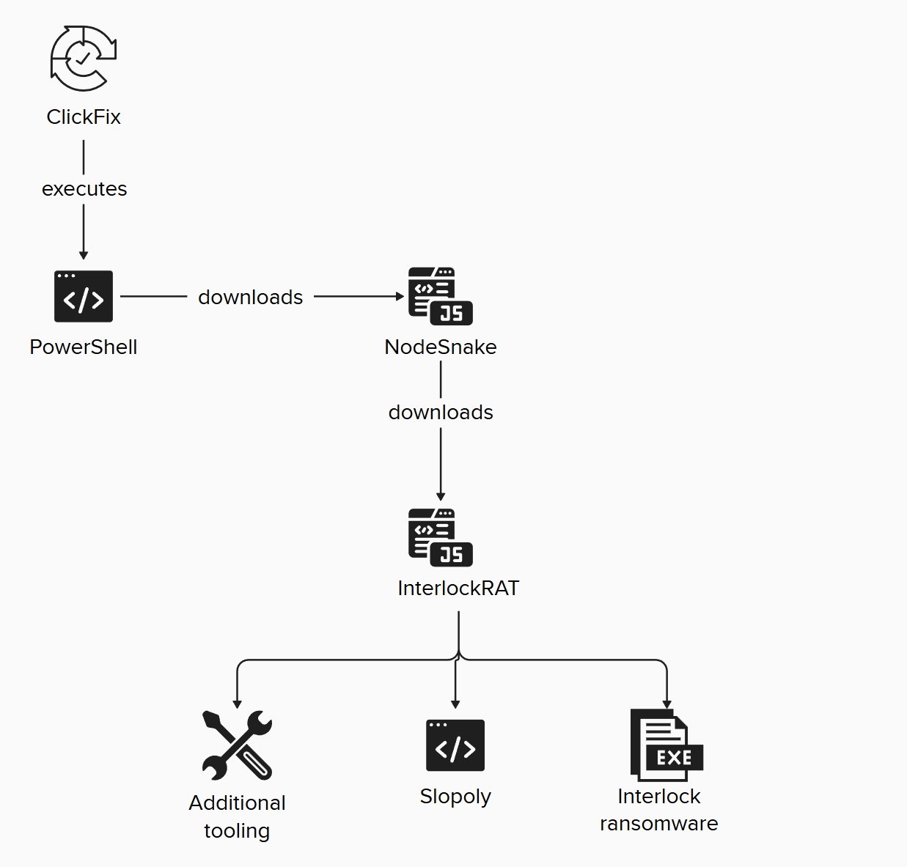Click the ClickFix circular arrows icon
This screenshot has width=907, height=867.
(x=83, y=59)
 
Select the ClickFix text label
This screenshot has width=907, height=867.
(x=84, y=117)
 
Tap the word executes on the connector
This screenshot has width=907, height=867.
(x=84, y=189)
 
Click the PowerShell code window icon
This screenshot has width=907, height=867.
(x=84, y=296)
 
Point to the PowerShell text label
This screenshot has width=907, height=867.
(x=84, y=347)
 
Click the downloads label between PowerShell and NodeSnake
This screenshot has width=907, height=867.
(x=250, y=297)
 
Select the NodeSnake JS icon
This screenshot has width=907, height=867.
(x=440, y=296)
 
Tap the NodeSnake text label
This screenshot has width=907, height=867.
(x=440, y=347)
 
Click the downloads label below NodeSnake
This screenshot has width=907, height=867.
(x=440, y=413)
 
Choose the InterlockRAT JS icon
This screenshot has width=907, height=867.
(x=440, y=537)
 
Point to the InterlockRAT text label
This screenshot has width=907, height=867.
(x=458, y=589)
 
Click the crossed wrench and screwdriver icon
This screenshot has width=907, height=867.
(x=237, y=745)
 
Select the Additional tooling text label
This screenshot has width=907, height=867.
(x=237, y=816)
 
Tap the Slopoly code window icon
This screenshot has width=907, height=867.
(x=455, y=745)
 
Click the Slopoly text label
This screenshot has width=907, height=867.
(x=455, y=797)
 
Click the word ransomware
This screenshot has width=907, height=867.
(x=658, y=824)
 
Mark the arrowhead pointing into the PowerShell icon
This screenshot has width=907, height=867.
(x=84, y=254)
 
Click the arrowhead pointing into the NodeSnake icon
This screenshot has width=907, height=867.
(x=400, y=297)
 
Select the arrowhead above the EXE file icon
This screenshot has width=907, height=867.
(x=666, y=704)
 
